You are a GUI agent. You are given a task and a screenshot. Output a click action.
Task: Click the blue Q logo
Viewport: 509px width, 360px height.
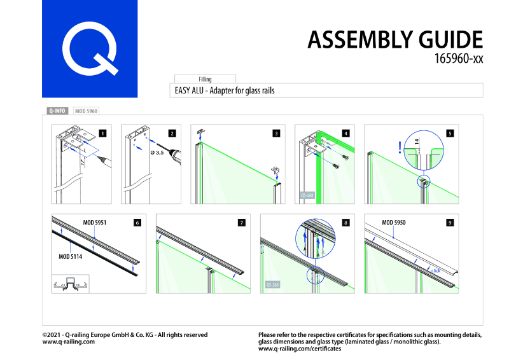click(x=90, y=49)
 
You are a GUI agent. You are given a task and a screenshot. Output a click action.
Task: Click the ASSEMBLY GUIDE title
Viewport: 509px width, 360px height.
click(x=395, y=40)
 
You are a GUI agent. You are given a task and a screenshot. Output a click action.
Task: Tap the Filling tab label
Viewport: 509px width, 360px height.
click(x=205, y=80)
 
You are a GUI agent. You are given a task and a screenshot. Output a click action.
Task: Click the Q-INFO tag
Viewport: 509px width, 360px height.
click(x=57, y=111)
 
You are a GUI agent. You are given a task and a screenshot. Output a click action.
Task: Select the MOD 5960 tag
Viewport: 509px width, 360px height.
click(x=86, y=111)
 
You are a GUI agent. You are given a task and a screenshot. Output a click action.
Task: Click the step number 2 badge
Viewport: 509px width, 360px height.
click(x=172, y=134)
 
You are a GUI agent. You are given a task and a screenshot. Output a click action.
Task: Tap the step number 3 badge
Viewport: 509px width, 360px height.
click(x=276, y=134)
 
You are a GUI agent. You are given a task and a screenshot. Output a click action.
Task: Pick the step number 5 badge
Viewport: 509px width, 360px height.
click(x=450, y=134)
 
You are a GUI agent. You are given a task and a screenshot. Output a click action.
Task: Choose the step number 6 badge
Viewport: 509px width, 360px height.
click(x=137, y=223)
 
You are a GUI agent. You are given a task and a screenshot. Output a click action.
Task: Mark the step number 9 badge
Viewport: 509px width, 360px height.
click(x=450, y=223)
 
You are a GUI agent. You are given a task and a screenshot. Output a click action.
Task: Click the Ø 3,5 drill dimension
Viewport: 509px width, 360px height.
click(x=156, y=153)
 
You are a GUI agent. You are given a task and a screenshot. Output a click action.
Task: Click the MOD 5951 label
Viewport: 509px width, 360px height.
click(x=94, y=223)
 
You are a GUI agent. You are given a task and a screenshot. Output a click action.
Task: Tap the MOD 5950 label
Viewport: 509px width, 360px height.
click(x=393, y=223)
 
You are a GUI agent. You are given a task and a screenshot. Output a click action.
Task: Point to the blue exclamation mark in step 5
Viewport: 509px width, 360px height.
click(x=399, y=148)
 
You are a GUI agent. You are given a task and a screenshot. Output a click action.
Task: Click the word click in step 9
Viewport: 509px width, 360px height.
click(x=435, y=271)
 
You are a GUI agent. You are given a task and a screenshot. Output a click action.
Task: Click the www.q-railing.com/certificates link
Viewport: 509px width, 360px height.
click(x=299, y=349)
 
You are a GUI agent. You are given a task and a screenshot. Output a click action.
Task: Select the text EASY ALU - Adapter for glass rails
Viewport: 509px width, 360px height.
click(x=225, y=90)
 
